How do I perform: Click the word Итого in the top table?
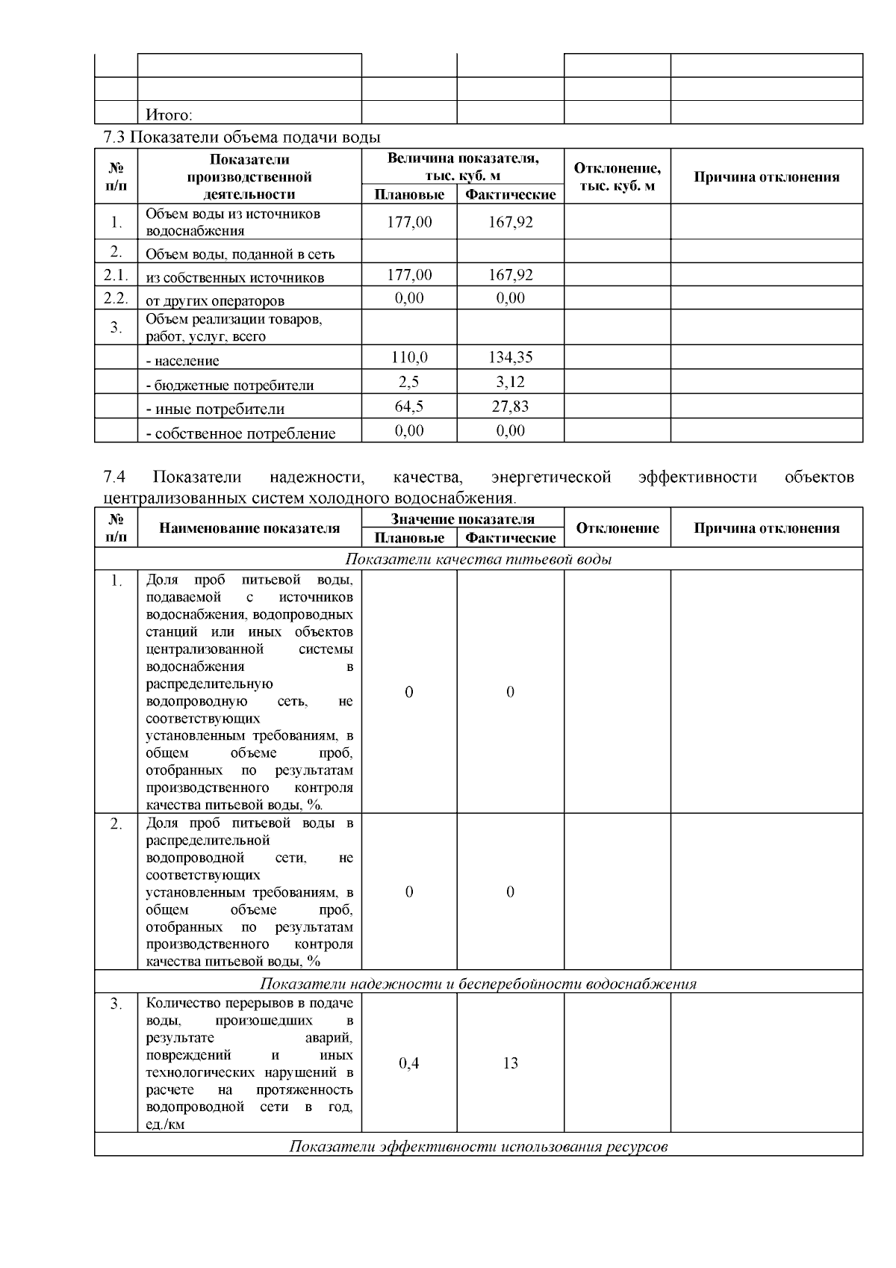168,115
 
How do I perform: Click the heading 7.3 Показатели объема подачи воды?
241,137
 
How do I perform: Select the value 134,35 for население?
510,358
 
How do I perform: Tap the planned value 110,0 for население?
409,358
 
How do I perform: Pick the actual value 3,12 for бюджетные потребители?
510,383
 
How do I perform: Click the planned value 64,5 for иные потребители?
409,407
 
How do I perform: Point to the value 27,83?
510,407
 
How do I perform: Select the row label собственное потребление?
240,433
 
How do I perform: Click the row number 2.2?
116,299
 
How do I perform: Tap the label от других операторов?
215,301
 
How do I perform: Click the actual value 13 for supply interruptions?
510,1063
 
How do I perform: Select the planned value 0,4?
409,1063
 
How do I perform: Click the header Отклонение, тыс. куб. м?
617,177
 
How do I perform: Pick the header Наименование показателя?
249,528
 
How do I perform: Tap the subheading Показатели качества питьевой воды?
479,560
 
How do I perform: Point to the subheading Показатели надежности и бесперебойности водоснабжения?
479,983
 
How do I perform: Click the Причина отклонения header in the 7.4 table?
766,528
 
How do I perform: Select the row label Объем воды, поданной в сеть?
240,254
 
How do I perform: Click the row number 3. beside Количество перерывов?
116,1004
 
